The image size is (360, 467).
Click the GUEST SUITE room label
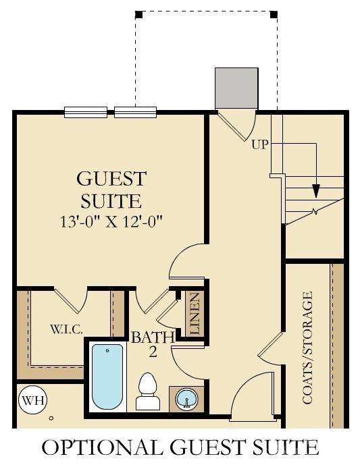coord(111,190)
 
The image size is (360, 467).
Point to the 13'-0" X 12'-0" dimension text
coord(112,220)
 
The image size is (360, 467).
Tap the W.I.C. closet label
coord(66,329)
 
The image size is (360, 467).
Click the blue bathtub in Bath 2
coord(107,376)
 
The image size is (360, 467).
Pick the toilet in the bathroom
coord(147,392)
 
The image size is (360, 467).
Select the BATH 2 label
coord(153,343)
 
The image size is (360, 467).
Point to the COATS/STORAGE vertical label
coord(308,348)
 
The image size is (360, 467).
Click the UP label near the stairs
coord(261,144)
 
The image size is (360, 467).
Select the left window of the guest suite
coord(86,112)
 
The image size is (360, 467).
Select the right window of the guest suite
coord(136,112)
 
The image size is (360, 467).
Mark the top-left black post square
coord(138,14)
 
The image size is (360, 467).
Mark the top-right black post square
coord(273,14)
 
